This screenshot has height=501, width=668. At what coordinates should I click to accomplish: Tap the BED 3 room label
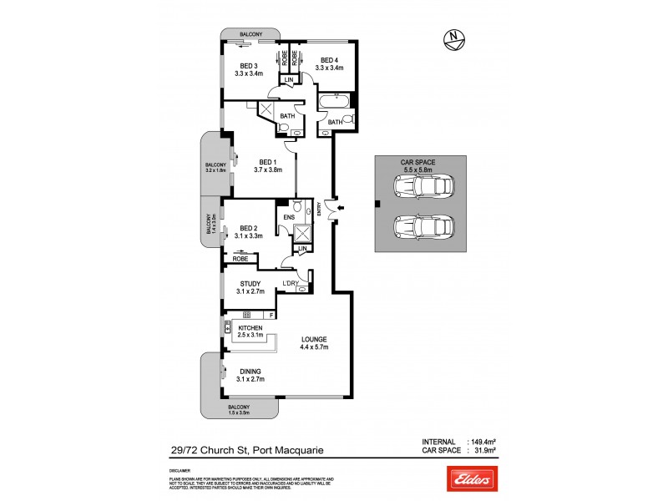[250, 66]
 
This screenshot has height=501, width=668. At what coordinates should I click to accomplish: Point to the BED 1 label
[268, 162]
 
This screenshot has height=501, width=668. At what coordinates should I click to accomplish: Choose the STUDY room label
[250, 284]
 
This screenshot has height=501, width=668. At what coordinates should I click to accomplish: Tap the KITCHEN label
[250, 329]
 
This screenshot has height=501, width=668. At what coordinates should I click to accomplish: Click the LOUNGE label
[314, 339]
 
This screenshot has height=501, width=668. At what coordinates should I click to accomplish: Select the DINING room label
[250, 372]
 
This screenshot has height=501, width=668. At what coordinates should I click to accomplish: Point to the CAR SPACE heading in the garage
[417, 162]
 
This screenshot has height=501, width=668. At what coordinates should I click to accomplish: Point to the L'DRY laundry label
[291, 284]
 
